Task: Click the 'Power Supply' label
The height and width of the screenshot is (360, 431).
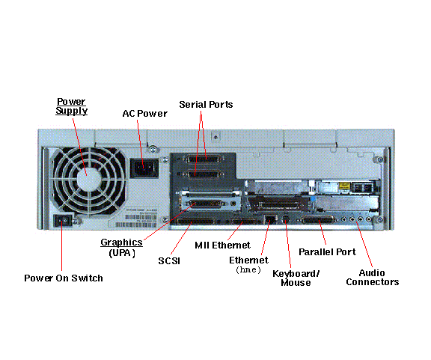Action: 72,106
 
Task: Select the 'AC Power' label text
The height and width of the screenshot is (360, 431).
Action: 145,114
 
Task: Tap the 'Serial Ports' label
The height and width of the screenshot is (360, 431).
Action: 206,105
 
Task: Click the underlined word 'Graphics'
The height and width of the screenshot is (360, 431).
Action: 121,242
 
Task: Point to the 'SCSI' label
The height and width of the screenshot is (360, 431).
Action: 169,260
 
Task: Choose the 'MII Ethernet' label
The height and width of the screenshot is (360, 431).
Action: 222,245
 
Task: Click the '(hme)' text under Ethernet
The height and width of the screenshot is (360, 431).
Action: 248,269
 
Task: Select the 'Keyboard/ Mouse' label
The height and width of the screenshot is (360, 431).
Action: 296,278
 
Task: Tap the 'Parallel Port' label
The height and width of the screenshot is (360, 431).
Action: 327,252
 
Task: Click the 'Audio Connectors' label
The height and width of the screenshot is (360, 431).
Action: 373,278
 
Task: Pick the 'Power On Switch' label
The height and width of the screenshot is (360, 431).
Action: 64,278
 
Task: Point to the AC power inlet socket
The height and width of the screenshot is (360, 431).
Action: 144,168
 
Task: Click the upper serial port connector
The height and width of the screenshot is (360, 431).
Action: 205,159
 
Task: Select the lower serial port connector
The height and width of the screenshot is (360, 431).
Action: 205,174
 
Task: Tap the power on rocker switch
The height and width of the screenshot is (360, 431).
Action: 63,220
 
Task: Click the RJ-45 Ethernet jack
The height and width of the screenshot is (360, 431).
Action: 270,219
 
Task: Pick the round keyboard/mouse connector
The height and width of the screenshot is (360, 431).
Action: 286,219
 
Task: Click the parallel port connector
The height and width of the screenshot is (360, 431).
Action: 318,220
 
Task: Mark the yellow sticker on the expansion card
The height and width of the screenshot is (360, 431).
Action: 344,186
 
